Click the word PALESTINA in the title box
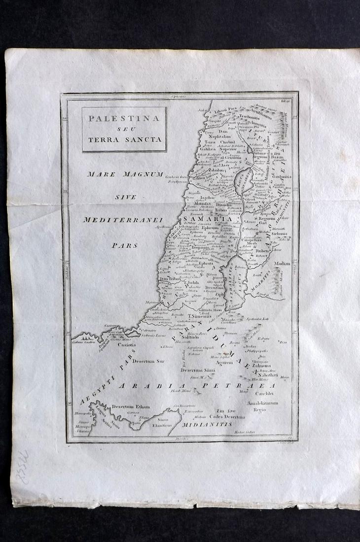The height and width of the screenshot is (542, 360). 124,119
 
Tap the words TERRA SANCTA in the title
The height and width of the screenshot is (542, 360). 124,139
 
